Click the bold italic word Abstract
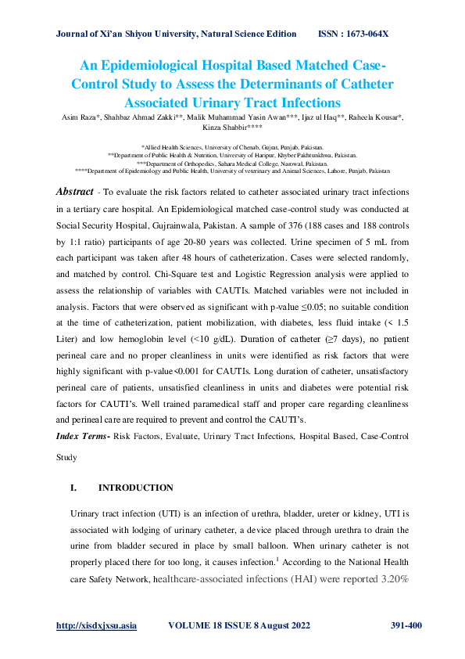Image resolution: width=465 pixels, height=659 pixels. (77, 192)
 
